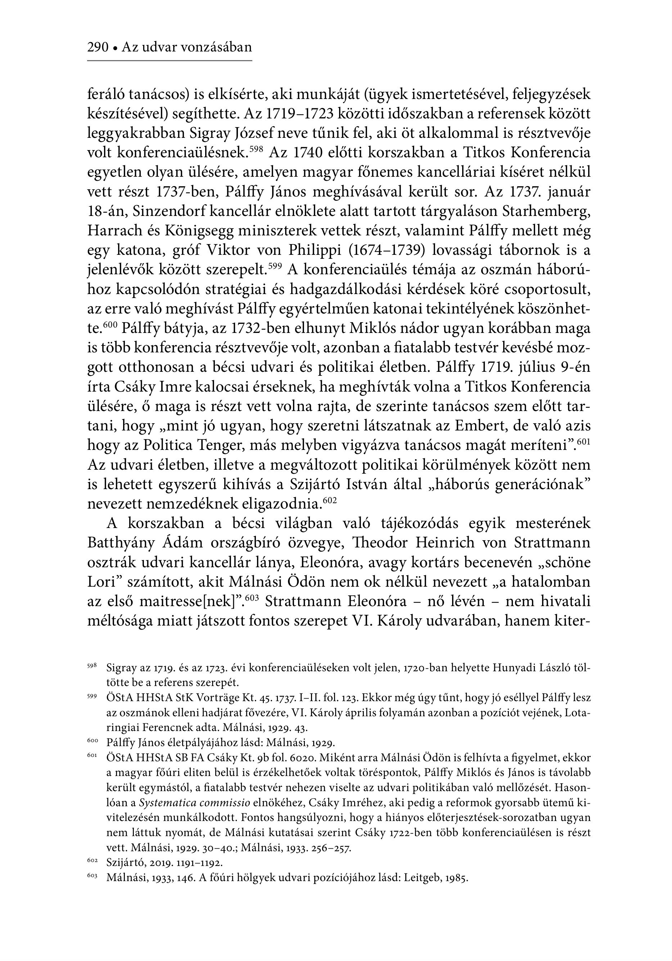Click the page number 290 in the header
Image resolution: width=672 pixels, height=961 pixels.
click(x=98, y=47)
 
